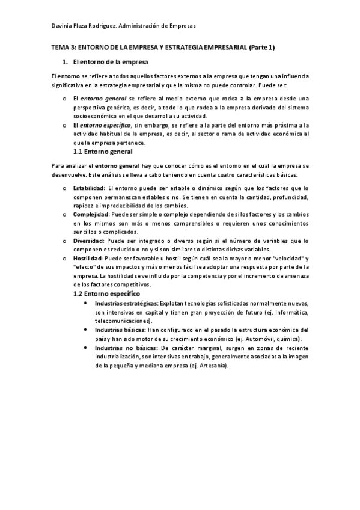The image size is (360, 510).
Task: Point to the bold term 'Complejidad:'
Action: (x=91, y=214)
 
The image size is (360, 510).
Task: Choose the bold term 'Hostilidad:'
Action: (x=87, y=258)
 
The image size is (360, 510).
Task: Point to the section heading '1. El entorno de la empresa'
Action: (x=105, y=62)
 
